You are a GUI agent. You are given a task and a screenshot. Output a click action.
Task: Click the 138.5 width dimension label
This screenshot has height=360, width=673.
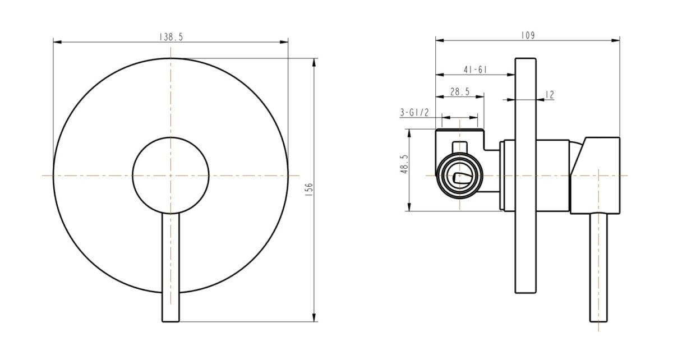tap(172, 36)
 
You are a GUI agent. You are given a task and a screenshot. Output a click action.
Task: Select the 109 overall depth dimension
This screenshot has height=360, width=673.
tap(527, 35)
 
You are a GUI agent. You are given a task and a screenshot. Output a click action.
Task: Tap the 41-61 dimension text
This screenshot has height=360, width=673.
tap(474, 70)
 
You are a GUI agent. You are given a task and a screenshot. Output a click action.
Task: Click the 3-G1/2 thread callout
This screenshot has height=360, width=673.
tap(414, 113)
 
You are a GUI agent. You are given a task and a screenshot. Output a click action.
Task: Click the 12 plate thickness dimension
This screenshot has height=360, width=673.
tap(549, 95)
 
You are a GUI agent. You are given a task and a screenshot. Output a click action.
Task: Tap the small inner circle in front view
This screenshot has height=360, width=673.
tap(170, 176)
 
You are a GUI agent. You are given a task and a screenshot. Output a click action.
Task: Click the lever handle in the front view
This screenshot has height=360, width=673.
tap(170, 264)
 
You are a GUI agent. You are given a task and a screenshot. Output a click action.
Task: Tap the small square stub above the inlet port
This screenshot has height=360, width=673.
tap(459, 147)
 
